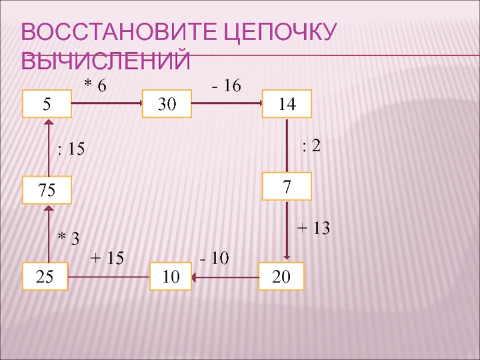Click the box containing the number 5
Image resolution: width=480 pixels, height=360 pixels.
pos(46,104)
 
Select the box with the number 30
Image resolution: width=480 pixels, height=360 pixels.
pos(166,104)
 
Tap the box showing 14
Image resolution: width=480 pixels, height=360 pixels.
pos(287,103)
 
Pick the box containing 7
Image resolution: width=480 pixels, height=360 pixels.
pos(287,186)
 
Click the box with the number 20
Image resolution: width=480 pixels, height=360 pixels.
pos(281,276)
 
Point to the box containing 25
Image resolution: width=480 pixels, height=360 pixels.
pos(45,276)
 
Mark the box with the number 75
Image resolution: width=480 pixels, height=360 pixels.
pos(46,190)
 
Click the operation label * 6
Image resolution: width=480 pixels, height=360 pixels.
pos(94,86)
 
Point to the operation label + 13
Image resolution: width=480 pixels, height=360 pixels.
pos(314,228)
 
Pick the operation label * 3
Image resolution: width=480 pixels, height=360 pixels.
pos(68,238)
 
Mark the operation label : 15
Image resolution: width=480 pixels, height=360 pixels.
pos(71,149)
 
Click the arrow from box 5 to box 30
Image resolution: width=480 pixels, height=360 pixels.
pos(106,104)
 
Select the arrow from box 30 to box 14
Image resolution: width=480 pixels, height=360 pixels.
pos(227,104)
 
